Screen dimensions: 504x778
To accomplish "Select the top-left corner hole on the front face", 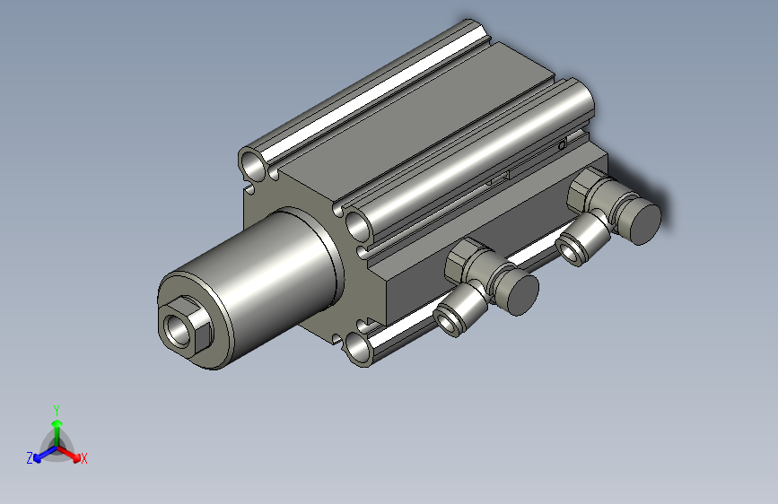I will [x=253, y=163].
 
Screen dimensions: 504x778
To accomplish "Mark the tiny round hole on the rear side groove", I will [x=563, y=143].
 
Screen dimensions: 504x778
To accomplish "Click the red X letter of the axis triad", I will [x=84, y=459].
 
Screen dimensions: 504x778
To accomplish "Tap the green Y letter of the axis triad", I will [x=57, y=408].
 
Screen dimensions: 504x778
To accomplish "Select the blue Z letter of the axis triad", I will [x=29, y=458].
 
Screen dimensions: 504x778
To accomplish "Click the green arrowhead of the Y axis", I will [x=57, y=421].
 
